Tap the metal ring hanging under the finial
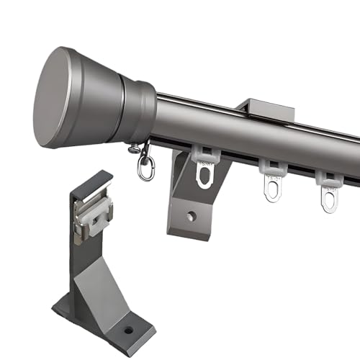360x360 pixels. click(145, 169)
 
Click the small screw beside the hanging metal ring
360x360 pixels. click(134, 149)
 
